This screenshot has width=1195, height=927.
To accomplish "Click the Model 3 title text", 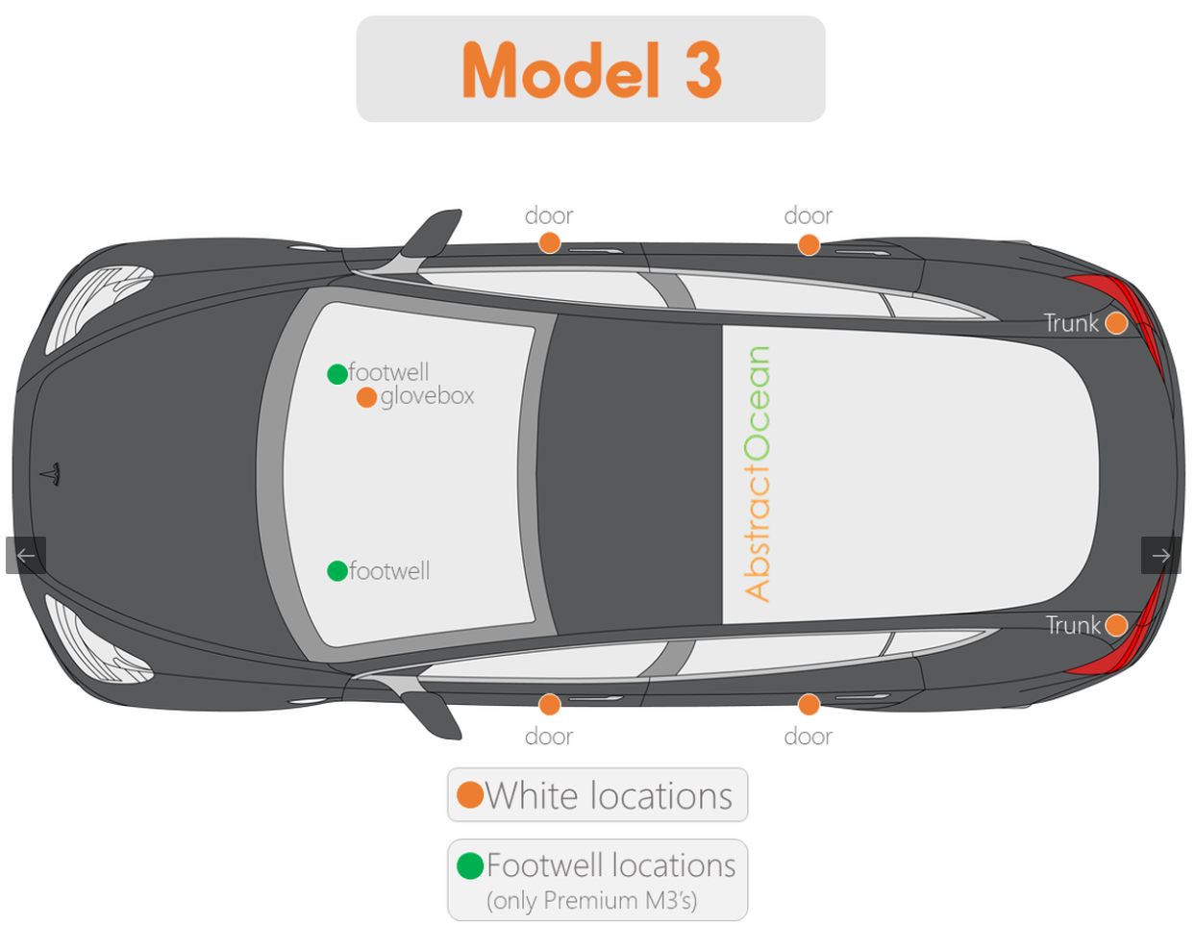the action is point(591,70).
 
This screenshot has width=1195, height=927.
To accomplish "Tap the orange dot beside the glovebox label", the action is point(366,397).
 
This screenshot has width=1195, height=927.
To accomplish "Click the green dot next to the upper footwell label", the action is point(337,374).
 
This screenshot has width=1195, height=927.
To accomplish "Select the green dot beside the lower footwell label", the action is point(337,570).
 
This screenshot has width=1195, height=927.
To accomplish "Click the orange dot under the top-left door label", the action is point(549,242).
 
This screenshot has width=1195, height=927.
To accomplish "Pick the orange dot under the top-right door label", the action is point(809,244).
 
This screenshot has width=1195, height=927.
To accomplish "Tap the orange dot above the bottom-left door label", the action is point(549,704).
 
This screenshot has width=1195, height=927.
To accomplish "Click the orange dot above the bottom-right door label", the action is point(809,704).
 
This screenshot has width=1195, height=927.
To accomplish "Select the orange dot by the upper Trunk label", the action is point(1116,323).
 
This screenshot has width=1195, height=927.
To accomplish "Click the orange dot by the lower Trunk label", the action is point(1116,625).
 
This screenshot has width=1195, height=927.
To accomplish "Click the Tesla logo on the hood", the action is point(51,474).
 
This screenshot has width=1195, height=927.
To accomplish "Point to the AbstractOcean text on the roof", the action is point(758,474).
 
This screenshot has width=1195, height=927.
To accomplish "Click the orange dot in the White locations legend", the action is point(470,794).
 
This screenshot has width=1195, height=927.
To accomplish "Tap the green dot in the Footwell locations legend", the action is point(470,865).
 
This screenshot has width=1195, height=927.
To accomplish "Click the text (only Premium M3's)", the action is point(591,901).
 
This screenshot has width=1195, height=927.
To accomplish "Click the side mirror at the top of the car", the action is point(432,234).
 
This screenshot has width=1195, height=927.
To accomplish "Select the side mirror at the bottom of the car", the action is point(432,714).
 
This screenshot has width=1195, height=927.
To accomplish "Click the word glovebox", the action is point(427,397).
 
